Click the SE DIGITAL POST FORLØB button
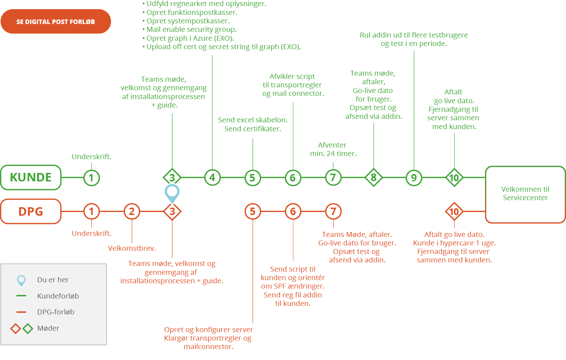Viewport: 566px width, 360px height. [56, 22]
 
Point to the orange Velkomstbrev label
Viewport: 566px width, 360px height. [132, 248]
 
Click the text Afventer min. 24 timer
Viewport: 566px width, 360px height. [333, 149]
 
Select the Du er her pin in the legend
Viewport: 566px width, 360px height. [21, 280]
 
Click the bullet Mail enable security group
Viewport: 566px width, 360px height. [190, 29]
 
